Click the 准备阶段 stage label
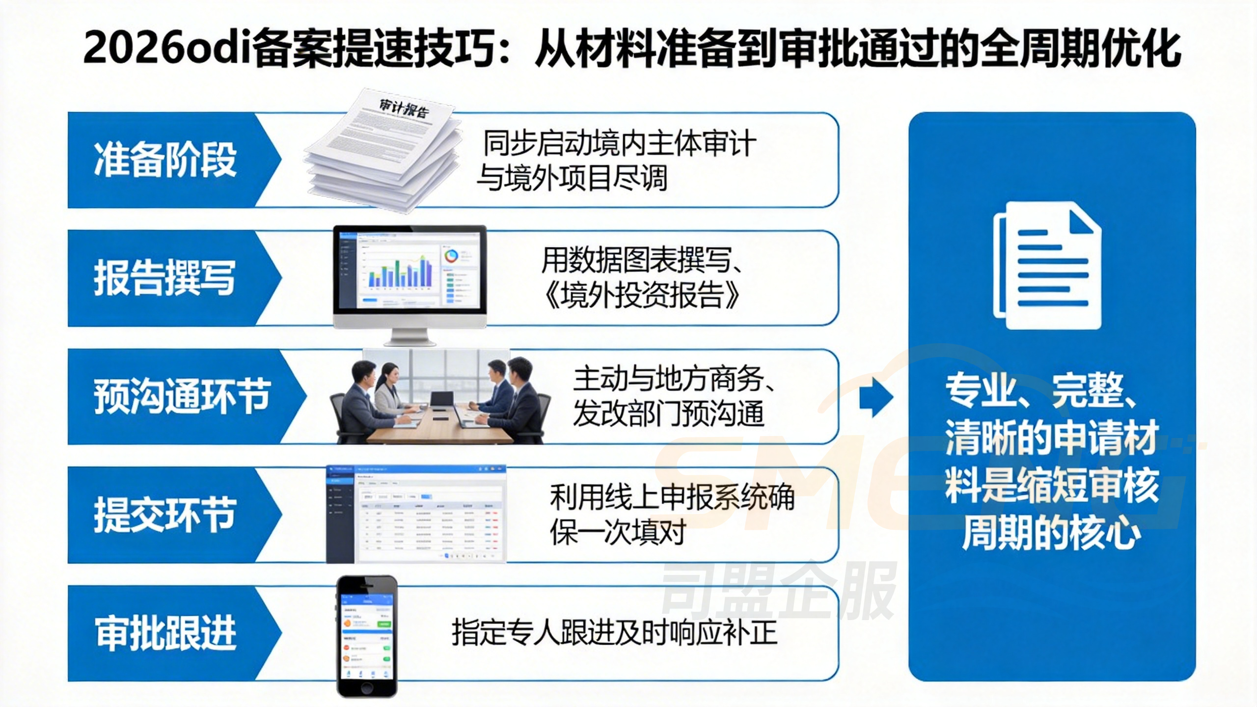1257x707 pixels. [165, 160]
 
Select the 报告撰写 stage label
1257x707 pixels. [165, 278]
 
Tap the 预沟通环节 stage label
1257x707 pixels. [182, 396]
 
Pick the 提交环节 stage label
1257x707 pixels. [165, 515]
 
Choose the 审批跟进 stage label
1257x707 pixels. [166, 633]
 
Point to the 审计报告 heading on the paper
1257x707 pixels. [404, 108]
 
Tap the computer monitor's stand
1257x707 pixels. [410, 337]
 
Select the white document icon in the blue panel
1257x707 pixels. [1047, 265]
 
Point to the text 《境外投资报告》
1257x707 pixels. [641, 295]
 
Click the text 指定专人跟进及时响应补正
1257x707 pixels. [614, 633]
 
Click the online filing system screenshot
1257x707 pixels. [416, 515]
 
